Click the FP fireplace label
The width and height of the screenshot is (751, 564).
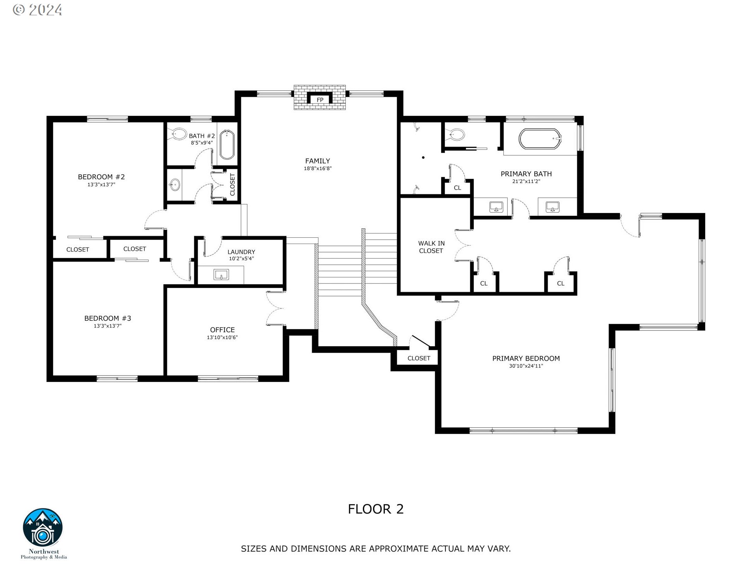coord(320,100)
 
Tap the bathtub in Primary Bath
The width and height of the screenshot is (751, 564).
coord(540,139)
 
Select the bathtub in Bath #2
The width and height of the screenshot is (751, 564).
coord(227,145)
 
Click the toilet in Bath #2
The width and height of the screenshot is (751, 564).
coord(179,134)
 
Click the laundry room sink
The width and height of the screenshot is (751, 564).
coord(221,275)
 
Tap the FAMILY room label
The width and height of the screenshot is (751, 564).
coord(317,161)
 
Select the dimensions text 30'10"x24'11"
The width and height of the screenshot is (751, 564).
coord(526,366)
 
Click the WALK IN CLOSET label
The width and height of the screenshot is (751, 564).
coord(431,247)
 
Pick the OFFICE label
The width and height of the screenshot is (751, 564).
coord(222,330)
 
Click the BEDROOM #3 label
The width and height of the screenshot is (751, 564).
coord(108,318)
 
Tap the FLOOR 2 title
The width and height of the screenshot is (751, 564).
coord(375,509)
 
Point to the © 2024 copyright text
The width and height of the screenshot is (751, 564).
coord(38,10)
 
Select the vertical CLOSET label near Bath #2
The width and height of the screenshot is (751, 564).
coord(232,184)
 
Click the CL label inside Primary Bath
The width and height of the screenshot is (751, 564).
coord(457,188)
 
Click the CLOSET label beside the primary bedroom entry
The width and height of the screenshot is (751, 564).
coord(419,358)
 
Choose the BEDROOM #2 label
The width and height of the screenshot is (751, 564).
coord(101,177)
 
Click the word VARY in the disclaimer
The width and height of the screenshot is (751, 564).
coord(498,549)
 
